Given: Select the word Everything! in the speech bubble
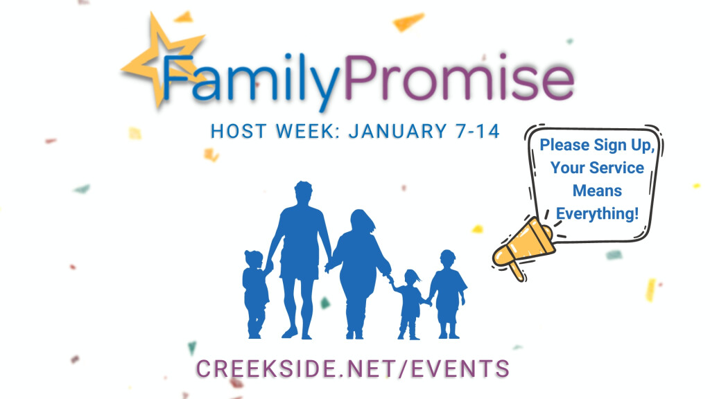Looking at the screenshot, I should click(x=597, y=213).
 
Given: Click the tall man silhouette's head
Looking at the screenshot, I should click(x=302, y=193).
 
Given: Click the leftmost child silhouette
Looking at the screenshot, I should click(x=255, y=291).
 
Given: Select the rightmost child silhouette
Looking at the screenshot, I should click(x=447, y=291).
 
